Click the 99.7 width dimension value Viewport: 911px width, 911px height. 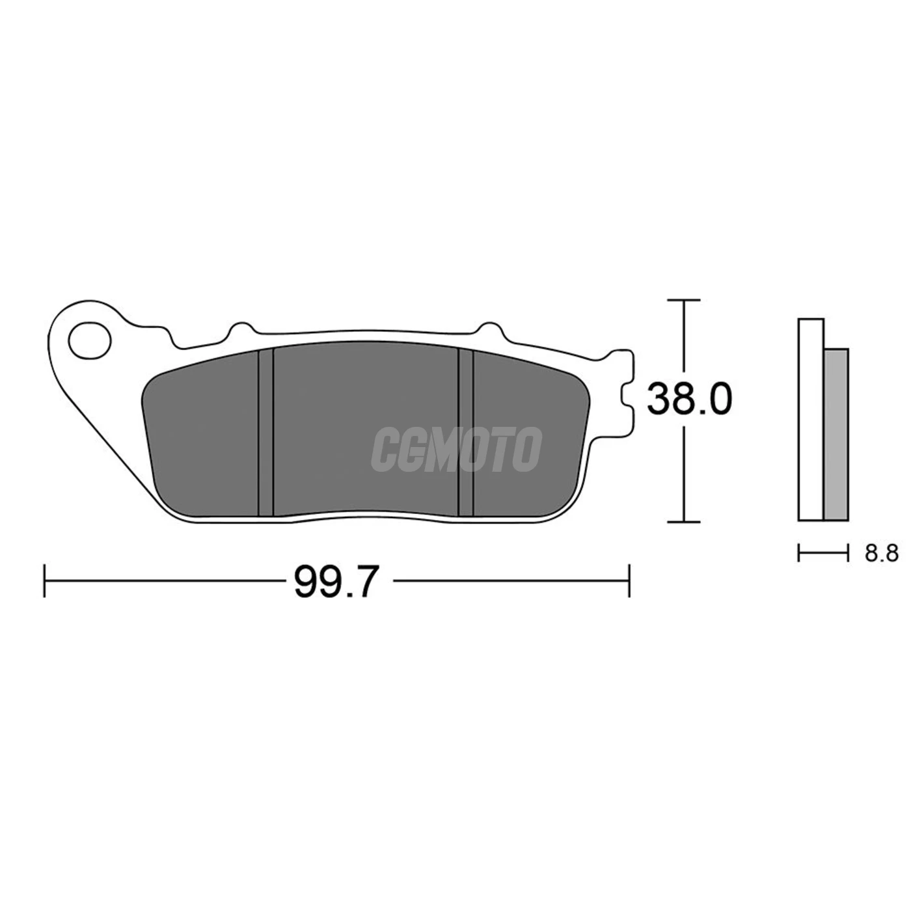pyautogui.click(x=336, y=582)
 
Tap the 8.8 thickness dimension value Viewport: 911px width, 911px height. pyautogui.click(x=882, y=553)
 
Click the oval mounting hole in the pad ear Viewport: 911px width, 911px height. pyautogui.click(x=90, y=340)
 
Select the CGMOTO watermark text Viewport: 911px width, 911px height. pyautogui.click(x=456, y=449)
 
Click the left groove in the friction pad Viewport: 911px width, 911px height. pyautogui.click(x=265, y=433)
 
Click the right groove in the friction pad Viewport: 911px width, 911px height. pyautogui.click(x=466, y=433)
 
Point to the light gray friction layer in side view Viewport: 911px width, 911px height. pyautogui.click(x=836, y=435)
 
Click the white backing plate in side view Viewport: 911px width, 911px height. pyautogui.click(x=811, y=420)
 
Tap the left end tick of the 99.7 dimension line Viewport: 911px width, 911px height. pyautogui.click(x=44, y=580)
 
